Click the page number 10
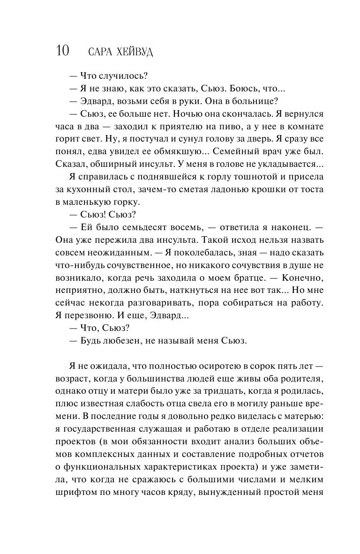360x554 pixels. (x=63, y=51)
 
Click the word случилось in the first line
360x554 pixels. (x=118, y=75)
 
